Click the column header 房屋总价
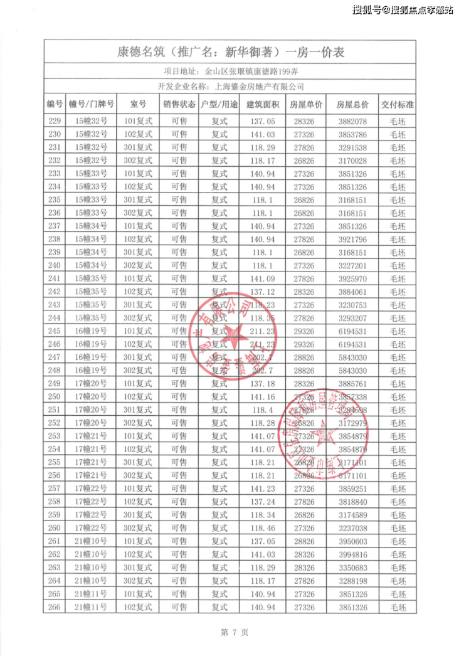[x=352, y=103]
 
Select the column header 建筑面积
[x=261, y=103]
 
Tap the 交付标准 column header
[x=398, y=103]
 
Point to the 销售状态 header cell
[x=179, y=103]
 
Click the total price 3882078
[x=352, y=121]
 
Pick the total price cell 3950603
[x=352, y=541]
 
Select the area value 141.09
[x=261, y=278]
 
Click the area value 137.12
[x=261, y=292]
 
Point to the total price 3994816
[x=352, y=554]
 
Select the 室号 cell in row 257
[x=138, y=489]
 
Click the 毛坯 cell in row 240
[x=398, y=265]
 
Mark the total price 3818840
[x=352, y=502]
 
